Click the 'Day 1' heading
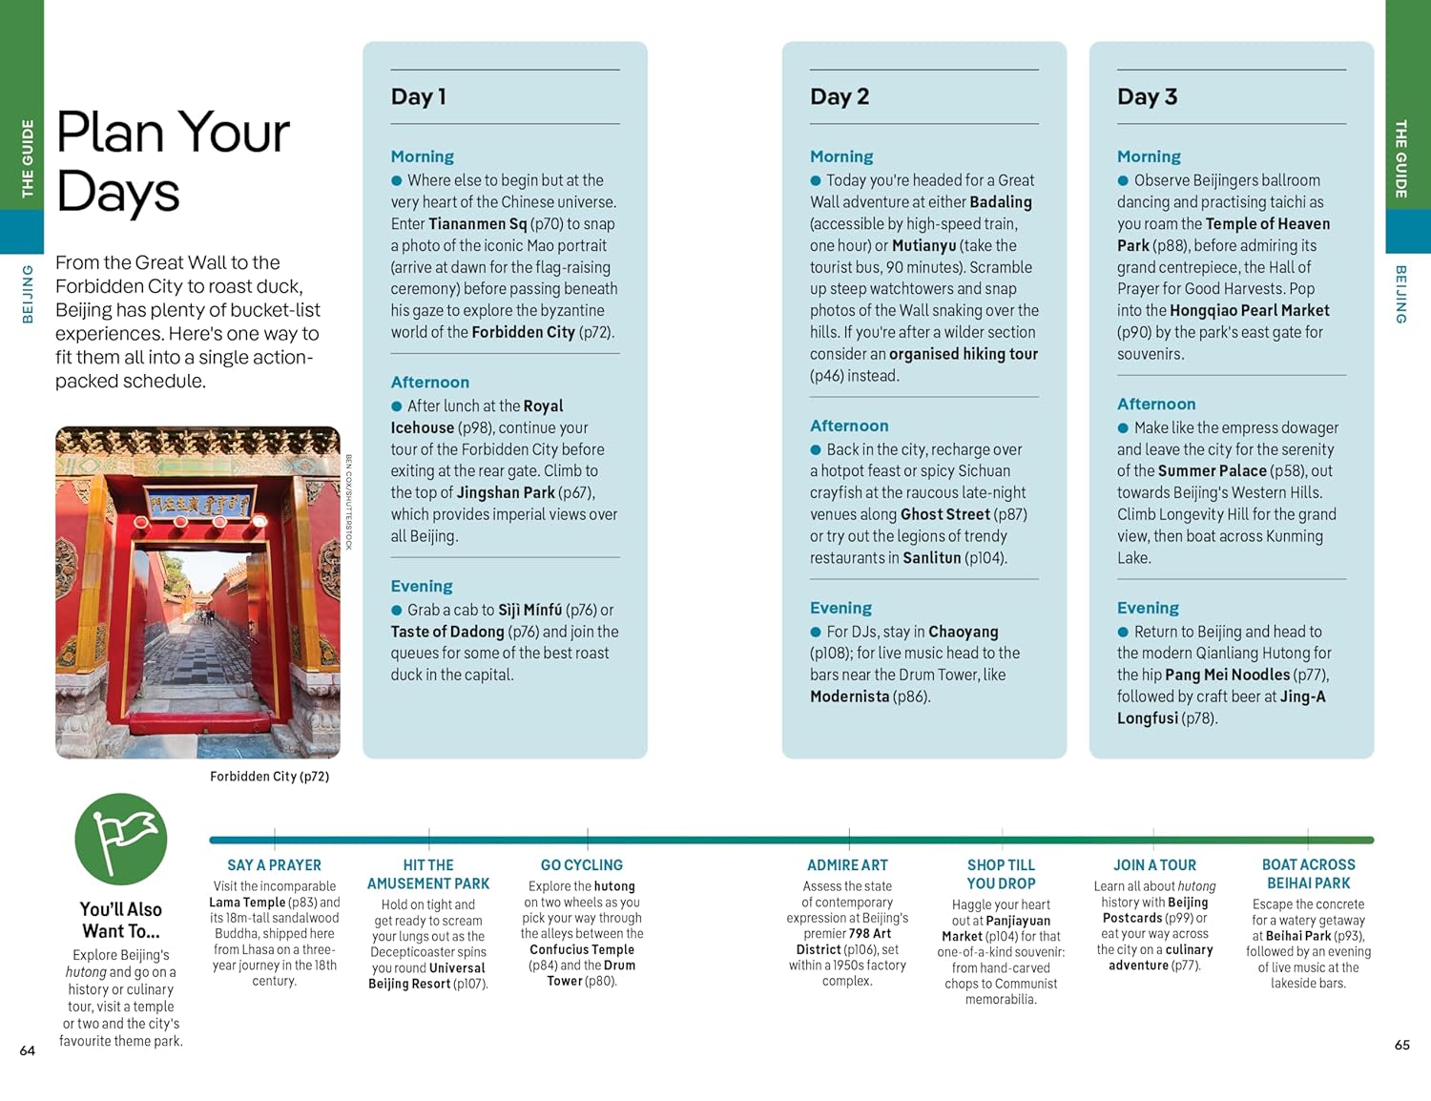418,96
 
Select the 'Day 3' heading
1147,96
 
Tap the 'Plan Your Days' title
173,161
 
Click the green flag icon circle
121,839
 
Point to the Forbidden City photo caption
269,777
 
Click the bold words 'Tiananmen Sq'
477,224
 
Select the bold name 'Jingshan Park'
506,493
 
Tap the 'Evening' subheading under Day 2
840,608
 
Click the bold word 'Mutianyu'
923,246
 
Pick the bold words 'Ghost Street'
945,515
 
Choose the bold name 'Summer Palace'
1212,471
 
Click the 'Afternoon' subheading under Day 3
1155,404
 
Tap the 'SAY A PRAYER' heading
274,865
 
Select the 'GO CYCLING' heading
581,865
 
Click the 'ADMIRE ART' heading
847,865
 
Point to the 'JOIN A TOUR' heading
1154,865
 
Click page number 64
28,1050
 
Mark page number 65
1401,1045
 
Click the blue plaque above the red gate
198,504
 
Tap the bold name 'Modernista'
849,696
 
